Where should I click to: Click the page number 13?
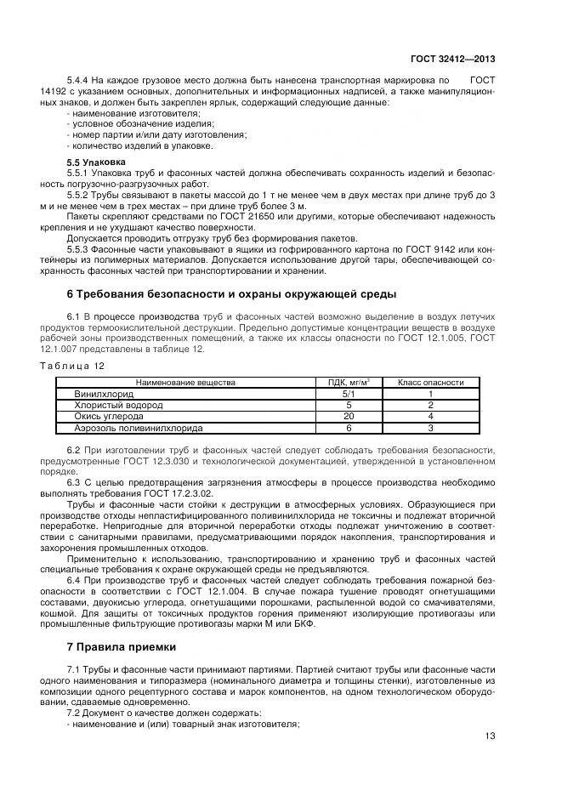click(x=489, y=736)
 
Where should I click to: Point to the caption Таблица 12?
click(x=72, y=365)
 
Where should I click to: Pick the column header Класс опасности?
click(x=430, y=383)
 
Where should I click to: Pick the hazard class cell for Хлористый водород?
click(x=430, y=406)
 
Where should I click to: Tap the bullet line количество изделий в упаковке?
click(x=128, y=145)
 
